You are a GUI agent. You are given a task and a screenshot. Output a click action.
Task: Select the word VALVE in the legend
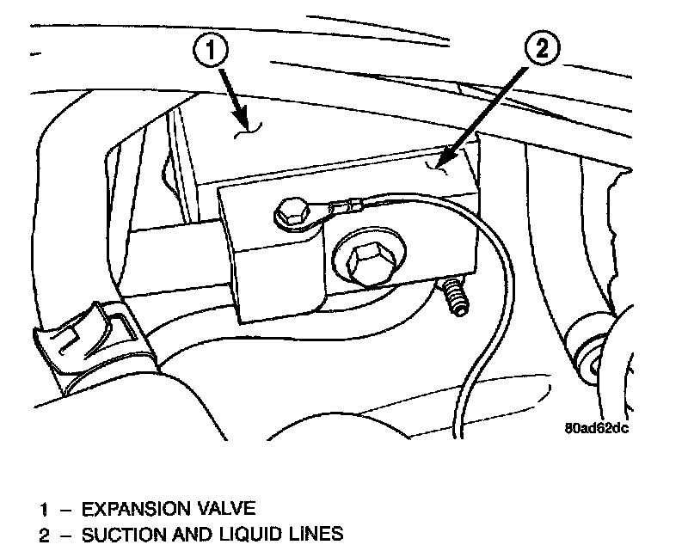point(226,507)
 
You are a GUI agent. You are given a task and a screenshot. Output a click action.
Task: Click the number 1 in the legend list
point(42,507)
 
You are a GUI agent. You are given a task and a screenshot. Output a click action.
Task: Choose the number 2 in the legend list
point(43,535)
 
